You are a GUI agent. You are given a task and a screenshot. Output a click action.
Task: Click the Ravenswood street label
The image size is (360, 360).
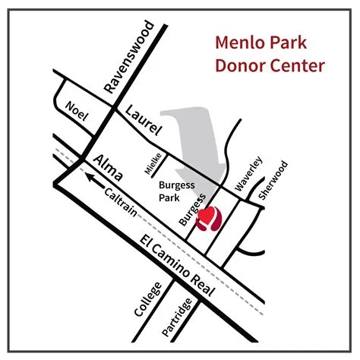[x=130, y=58]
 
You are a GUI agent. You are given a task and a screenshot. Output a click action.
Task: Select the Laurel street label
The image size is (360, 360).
[x=145, y=121]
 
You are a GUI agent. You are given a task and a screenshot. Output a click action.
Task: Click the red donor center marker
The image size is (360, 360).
[x=207, y=219]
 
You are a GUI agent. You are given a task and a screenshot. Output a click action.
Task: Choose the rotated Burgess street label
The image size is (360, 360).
[x=191, y=207]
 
